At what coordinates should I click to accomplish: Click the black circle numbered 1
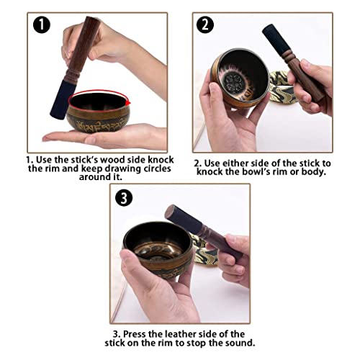click(x=42, y=24)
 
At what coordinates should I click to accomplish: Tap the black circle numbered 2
click(x=205, y=24)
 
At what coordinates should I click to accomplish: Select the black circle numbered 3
click(x=124, y=198)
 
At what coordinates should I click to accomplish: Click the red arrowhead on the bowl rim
click(x=128, y=103)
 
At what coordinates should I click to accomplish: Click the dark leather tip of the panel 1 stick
click(x=60, y=99)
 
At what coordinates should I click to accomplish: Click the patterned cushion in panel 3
click(x=202, y=250)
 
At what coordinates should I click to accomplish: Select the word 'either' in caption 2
click(x=233, y=163)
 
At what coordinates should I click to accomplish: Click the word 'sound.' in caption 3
click(x=241, y=343)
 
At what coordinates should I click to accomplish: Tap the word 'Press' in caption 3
click(x=135, y=334)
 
